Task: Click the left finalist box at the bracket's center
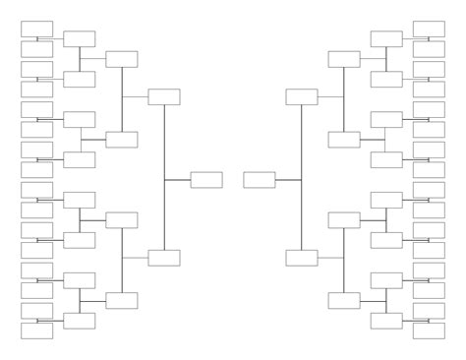(x=206, y=179)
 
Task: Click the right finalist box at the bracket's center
(x=260, y=179)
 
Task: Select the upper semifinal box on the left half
(x=164, y=96)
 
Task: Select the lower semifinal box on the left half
(x=164, y=258)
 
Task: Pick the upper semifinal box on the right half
(x=302, y=96)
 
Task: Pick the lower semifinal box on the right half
(x=302, y=258)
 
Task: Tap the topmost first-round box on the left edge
(x=36, y=28)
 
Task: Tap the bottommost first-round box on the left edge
(x=36, y=330)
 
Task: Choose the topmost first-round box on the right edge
(x=429, y=28)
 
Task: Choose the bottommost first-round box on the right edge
(x=429, y=330)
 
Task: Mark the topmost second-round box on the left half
(x=79, y=38)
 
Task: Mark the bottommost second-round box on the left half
(x=79, y=320)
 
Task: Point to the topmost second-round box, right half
(x=386, y=38)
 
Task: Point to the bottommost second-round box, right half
(x=386, y=320)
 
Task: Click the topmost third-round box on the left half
(x=122, y=59)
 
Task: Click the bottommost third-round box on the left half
(x=122, y=300)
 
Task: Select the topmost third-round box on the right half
(x=344, y=59)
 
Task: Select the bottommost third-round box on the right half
(x=344, y=300)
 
